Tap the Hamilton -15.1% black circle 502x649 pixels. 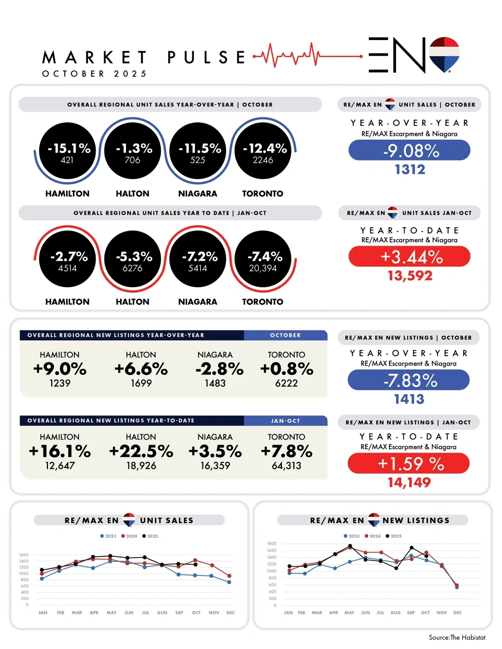tap(67, 151)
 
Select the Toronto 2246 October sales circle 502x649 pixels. tap(263, 151)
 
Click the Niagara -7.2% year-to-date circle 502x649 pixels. tap(197, 259)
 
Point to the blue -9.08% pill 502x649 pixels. tap(410, 150)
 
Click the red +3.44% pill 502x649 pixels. tap(410, 257)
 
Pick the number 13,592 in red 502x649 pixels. tap(410, 276)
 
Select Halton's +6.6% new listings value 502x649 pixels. tap(141, 369)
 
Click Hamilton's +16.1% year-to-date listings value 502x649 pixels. tap(60, 451)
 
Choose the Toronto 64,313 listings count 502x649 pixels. tap(287, 466)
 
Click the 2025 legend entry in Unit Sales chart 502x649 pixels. tap(151, 536)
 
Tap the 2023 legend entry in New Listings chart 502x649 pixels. tap(352, 536)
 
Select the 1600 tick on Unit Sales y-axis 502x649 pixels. tap(24, 555)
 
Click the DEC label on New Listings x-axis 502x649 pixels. tap(457, 613)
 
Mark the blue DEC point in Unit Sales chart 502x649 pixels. tap(229, 582)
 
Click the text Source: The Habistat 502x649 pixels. tap(457, 637)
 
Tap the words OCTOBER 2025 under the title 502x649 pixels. tap(95, 74)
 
